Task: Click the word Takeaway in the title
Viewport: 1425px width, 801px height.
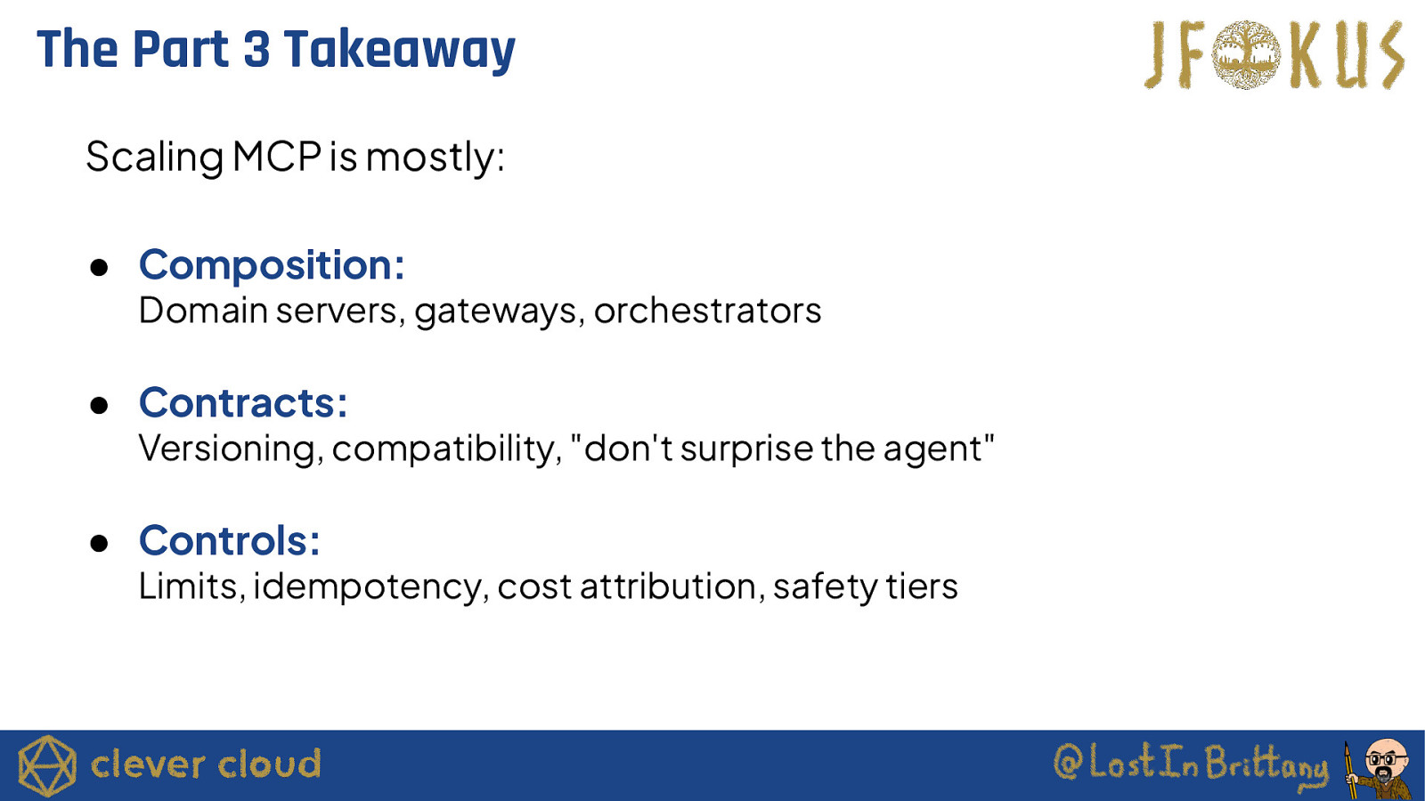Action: click(x=399, y=50)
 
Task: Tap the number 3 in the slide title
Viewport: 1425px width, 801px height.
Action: click(x=256, y=49)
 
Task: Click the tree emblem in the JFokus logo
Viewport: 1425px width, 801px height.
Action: click(x=1246, y=54)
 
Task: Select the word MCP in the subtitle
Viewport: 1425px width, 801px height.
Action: click(x=277, y=157)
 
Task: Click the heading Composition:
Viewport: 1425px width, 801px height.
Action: click(x=272, y=264)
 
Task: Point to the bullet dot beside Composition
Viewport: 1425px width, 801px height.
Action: click(x=99, y=267)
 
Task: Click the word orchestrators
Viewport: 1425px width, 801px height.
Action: click(x=707, y=311)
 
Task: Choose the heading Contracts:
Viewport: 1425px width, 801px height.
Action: click(x=243, y=402)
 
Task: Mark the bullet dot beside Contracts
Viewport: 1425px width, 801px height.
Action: click(x=99, y=405)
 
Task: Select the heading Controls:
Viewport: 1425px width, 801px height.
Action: click(x=230, y=540)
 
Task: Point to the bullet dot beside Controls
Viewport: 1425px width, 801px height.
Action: click(x=99, y=543)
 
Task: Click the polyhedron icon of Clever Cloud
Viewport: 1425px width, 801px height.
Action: click(x=47, y=765)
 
